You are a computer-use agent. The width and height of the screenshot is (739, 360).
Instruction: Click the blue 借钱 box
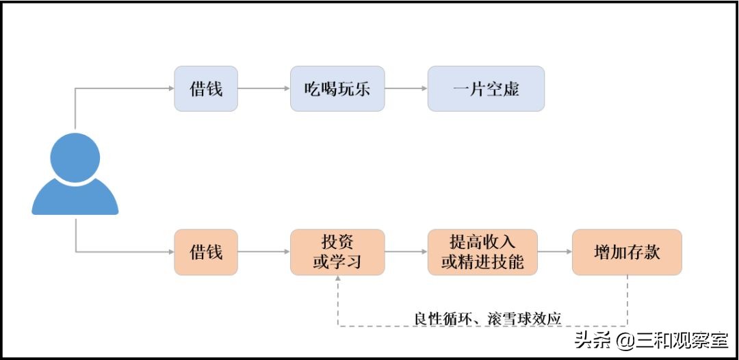point(206,88)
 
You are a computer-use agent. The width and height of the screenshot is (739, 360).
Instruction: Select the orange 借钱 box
point(206,252)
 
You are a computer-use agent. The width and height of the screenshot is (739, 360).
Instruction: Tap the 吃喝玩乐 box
point(337,88)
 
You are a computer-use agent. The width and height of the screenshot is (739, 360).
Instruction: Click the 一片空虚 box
point(486,88)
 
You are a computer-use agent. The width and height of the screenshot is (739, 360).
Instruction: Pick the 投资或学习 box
point(337,252)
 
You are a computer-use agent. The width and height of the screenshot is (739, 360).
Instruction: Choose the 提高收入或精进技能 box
point(482,252)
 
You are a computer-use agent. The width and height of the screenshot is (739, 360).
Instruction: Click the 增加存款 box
point(627,252)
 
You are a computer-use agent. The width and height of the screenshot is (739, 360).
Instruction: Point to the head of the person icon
point(75,157)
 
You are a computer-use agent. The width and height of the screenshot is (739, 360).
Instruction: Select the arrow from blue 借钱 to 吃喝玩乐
point(263,88)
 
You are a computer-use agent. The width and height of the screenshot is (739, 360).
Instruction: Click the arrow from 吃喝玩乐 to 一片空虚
point(406,88)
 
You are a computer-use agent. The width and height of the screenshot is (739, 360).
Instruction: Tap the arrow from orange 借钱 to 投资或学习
point(263,252)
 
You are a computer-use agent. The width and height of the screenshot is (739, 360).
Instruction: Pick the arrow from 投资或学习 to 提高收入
point(406,252)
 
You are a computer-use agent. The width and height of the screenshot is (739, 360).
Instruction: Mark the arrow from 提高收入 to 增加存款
point(555,252)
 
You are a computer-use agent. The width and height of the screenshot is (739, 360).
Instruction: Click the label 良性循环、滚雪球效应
point(487,318)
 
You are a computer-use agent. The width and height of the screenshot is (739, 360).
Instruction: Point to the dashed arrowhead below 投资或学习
point(337,281)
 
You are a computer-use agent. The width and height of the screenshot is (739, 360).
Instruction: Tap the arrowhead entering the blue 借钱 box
point(170,88)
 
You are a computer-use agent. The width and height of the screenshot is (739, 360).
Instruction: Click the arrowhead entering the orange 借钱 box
point(170,252)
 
